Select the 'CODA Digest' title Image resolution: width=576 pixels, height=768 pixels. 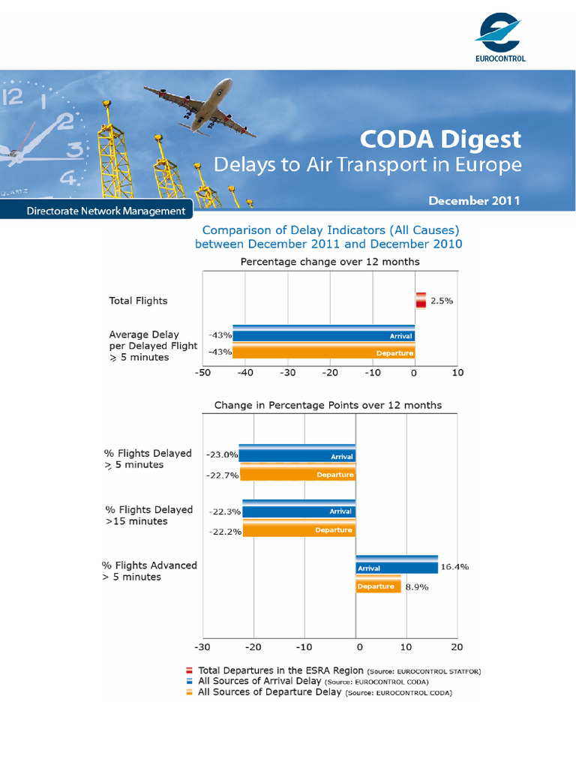click(439, 139)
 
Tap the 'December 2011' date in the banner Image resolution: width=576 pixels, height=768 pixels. click(474, 201)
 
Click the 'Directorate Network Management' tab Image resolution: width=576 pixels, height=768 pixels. click(106, 211)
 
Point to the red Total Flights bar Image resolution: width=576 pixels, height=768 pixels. click(420, 300)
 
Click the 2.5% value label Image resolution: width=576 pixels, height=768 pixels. click(442, 301)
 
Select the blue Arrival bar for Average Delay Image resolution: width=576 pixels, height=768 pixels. click(324, 335)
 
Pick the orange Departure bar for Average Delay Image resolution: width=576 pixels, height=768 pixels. click(324, 352)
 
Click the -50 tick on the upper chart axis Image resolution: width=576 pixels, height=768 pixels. click(202, 373)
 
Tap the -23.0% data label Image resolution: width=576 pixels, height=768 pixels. click(223, 454)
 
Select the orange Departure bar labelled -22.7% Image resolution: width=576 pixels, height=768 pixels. click(297, 474)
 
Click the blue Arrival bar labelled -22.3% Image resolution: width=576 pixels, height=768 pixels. click(298, 511)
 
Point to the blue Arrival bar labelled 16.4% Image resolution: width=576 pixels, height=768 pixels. click(396, 567)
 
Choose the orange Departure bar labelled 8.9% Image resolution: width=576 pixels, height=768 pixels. click(378, 586)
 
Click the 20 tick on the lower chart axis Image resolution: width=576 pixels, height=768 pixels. click(457, 646)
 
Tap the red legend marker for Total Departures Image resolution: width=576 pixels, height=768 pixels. click(190, 670)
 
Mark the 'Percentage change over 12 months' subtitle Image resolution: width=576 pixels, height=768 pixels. click(329, 262)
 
